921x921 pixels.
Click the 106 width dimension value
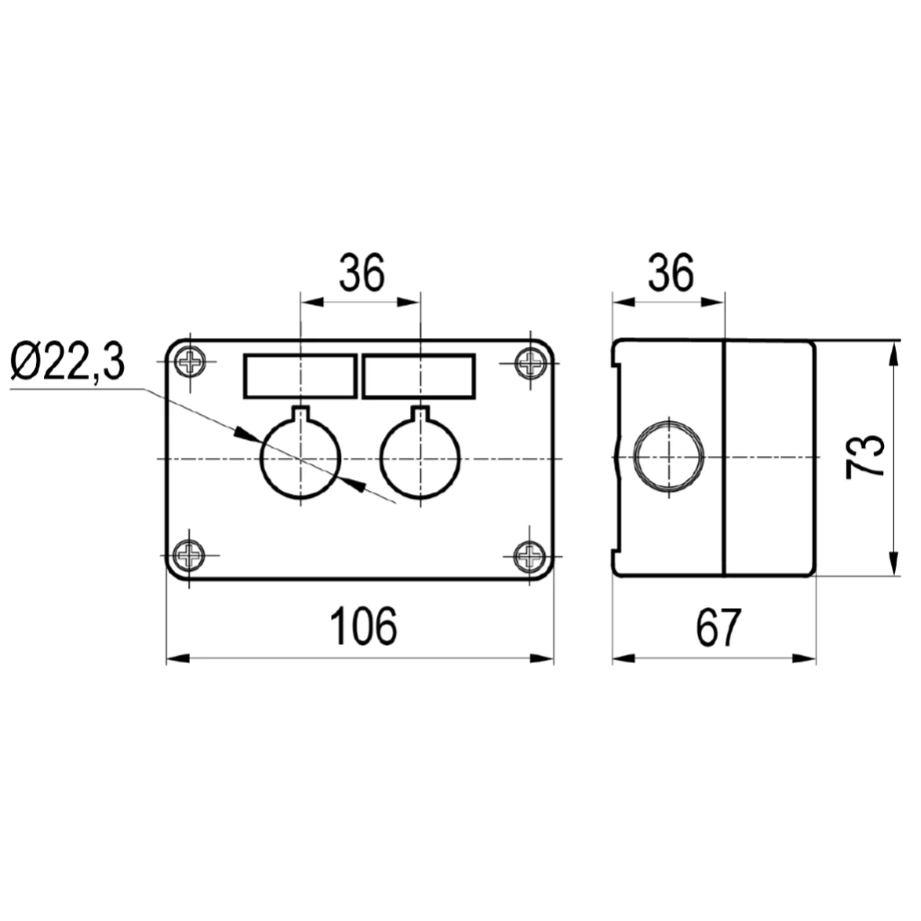[x=364, y=626]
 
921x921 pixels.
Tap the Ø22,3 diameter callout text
[x=68, y=362]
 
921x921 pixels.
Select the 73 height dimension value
[x=864, y=457]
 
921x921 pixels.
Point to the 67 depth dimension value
[x=718, y=627]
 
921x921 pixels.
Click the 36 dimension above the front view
[x=362, y=273]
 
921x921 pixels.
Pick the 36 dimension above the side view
[x=671, y=273]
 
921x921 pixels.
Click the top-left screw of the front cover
[x=191, y=362]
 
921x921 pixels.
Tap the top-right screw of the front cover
[x=531, y=363]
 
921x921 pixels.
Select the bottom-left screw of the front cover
[x=189, y=554]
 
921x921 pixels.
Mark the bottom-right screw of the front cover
[x=530, y=555]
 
